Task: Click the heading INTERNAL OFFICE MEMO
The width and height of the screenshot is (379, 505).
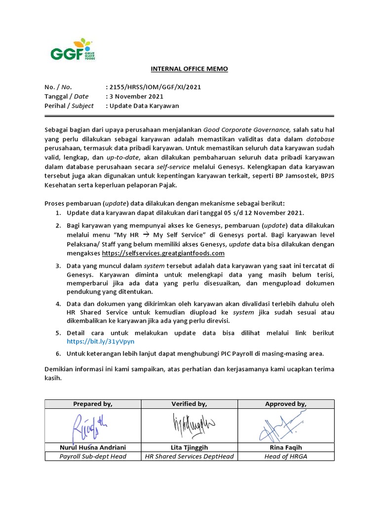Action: click(x=189, y=69)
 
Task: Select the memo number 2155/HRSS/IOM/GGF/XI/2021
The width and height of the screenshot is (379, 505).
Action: click(x=155, y=87)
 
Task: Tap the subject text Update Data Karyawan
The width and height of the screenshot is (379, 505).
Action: click(x=144, y=106)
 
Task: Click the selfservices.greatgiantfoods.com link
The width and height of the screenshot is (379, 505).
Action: click(x=163, y=253)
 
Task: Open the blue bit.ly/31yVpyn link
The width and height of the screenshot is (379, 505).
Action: click(x=101, y=341)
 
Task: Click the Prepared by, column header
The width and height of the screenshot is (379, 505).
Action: click(x=93, y=404)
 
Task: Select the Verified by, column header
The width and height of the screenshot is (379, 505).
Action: click(x=189, y=404)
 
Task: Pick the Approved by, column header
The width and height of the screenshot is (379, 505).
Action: click(x=286, y=404)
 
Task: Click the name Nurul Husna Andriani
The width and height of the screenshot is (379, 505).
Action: click(x=93, y=447)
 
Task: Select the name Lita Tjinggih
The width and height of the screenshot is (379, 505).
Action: click(x=189, y=447)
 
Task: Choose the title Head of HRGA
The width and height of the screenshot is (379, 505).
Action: click(x=286, y=456)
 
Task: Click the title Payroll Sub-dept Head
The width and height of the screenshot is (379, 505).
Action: click(x=93, y=456)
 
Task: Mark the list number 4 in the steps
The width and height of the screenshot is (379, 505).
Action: click(x=58, y=304)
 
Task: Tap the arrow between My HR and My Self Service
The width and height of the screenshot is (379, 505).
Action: click(x=147, y=235)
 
